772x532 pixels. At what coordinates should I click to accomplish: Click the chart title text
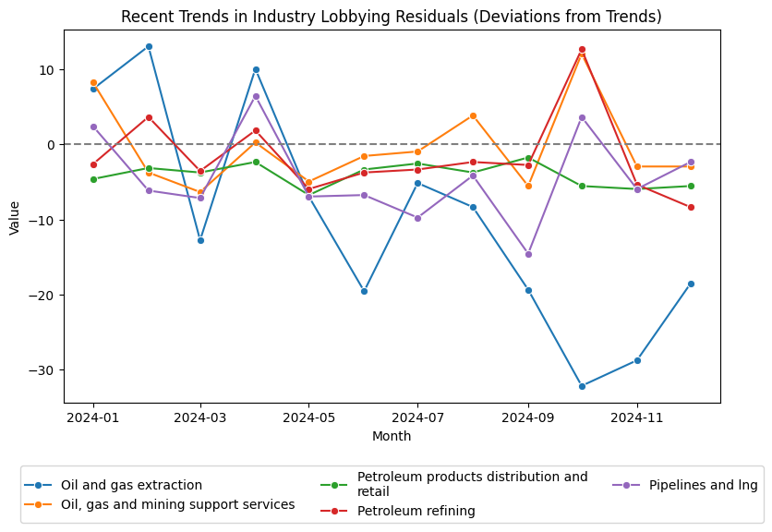pyautogui.click(x=392, y=18)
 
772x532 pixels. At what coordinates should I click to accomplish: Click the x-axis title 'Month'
pyautogui.click(x=392, y=436)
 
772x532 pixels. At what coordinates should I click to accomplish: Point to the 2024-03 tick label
pyautogui.click(x=200, y=418)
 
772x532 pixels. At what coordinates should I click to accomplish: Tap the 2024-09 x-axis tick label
pyautogui.click(x=528, y=418)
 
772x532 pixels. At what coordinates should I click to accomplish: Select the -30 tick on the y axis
pyautogui.click(x=44, y=370)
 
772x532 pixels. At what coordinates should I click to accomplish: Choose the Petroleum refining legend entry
pyautogui.click(x=416, y=511)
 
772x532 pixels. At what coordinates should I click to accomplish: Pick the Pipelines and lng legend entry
pyautogui.click(x=703, y=485)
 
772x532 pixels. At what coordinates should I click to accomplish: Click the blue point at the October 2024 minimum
pyautogui.click(x=582, y=386)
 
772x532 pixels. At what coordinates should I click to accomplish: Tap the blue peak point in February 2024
pyautogui.click(x=149, y=46)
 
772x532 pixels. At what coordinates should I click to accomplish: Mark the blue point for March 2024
pyautogui.click(x=200, y=240)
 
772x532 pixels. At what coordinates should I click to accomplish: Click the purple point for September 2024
pyautogui.click(x=528, y=254)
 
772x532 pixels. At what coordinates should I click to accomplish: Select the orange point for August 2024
pyautogui.click(x=473, y=115)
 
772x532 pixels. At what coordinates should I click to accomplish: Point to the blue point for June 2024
pyautogui.click(x=364, y=291)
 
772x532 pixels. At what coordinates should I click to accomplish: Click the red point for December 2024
pyautogui.click(x=691, y=207)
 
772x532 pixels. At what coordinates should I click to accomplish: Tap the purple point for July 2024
pyautogui.click(x=417, y=218)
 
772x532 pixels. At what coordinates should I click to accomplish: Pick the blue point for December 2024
pyautogui.click(x=691, y=284)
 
